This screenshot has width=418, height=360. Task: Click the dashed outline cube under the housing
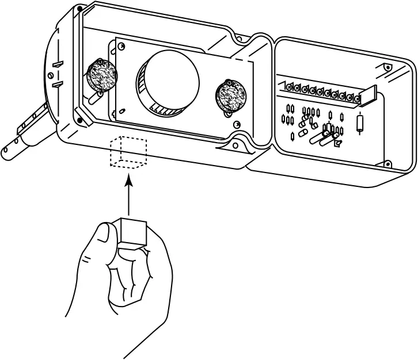point(129,153)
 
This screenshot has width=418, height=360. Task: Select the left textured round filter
point(100,76)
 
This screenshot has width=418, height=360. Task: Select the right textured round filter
point(231,95)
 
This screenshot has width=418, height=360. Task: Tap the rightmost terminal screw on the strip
point(357,99)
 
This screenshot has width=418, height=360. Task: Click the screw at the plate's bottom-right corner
point(236,124)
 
